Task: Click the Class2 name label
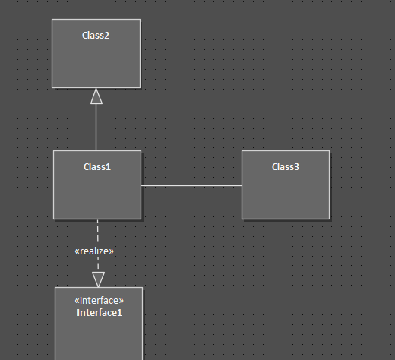(96, 36)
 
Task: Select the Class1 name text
(97, 167)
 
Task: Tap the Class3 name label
(286, 167)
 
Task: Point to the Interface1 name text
(100, 313)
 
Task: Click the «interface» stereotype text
(100, 301)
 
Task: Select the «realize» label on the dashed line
(94, 251)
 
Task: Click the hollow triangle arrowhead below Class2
(96, 96)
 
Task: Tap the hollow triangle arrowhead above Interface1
(98, 279)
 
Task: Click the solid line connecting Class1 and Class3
(191, 185)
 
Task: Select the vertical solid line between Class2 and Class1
(96, 128)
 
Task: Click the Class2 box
(96, 54)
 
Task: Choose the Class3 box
(286, 185)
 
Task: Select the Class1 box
(97, 185)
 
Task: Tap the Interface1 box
(99, 324)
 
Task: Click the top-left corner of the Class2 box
(52, 19)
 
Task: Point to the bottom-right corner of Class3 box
(330, 219)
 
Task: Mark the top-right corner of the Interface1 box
(143, 287)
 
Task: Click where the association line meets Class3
(242, 185)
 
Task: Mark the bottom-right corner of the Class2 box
(141, 88)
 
